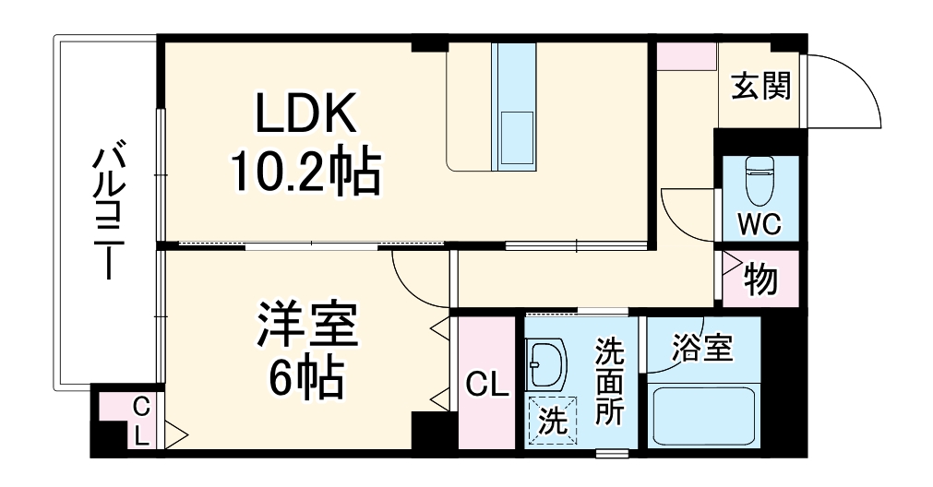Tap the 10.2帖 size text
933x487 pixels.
pos(305,172)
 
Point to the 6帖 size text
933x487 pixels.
pos(305,376)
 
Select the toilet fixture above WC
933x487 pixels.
pos(760,181)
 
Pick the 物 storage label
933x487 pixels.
pos(760,279)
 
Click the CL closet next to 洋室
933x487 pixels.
pos(486,384)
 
